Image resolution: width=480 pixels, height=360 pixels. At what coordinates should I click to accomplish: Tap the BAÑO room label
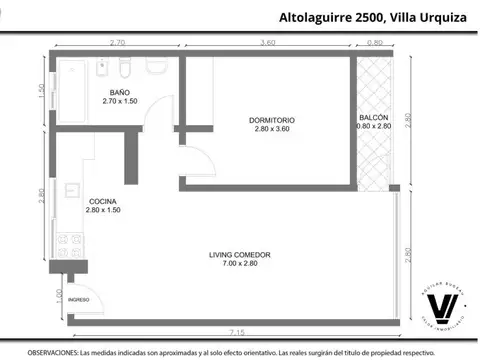pos(119,92)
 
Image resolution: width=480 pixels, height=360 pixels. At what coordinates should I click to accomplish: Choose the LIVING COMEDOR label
pos(240,254)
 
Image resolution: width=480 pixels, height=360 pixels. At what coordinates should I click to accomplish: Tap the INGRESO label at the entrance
pos(79,299)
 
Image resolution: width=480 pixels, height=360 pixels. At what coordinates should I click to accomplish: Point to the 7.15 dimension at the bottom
pos(238,331)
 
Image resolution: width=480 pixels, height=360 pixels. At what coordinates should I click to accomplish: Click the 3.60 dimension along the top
pos(267,43)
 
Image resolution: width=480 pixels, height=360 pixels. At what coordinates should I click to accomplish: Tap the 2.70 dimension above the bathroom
pos(116,43)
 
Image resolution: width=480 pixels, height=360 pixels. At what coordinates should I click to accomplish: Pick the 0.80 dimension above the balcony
pos(374,43)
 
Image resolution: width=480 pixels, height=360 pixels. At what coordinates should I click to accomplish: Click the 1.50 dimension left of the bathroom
pos(42,90)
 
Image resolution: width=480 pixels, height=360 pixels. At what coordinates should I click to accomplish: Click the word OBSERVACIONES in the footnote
pos(51,352)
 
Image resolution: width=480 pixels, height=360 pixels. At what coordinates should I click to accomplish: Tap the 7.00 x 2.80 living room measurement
pos(240,263)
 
